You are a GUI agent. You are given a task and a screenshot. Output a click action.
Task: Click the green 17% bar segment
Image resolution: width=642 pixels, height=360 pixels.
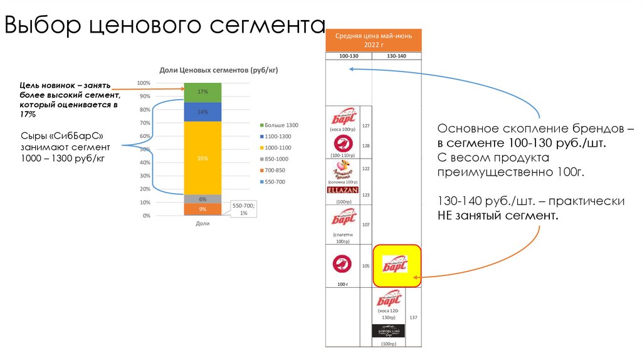point(203,92)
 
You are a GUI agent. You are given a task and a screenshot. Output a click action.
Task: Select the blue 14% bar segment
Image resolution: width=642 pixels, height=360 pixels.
point(203,112)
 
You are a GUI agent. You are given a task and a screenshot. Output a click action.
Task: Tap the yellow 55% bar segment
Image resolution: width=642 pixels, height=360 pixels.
point(203,158)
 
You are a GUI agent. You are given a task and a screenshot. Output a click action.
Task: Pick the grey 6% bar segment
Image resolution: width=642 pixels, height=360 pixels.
point(203,199)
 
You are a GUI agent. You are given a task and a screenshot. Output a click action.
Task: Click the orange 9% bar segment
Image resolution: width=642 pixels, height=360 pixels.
point(203,209)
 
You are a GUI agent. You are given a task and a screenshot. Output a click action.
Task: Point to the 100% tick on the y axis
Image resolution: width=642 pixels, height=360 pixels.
point(144,83)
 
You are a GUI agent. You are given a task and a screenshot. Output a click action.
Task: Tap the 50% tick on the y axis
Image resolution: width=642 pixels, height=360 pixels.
point(145,149)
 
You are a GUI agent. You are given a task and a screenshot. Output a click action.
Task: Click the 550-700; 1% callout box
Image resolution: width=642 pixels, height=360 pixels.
point(244,209)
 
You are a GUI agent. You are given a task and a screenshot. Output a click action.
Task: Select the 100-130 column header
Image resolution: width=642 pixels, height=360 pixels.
point(349,56)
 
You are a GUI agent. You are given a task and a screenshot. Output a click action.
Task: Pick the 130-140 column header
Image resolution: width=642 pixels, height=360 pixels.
point(396,56)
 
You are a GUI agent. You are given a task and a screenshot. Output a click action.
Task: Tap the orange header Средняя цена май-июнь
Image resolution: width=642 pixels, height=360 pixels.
point(373,41)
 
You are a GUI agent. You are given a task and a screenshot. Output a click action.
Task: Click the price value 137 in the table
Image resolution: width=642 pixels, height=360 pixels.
point(413,317)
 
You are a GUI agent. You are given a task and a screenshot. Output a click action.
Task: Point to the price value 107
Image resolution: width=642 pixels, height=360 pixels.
point(366,225)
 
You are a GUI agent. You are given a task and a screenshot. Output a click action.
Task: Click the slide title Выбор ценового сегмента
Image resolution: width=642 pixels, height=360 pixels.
point(165,26)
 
